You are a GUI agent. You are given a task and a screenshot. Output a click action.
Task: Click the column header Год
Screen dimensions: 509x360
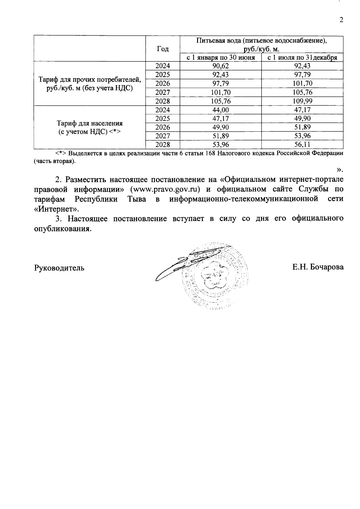[x=163, y=49]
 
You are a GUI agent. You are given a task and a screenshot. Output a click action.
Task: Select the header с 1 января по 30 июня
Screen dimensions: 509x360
[x=220, y=58]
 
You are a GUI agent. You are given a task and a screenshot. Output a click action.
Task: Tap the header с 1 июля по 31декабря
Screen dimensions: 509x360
[x=302, y=58]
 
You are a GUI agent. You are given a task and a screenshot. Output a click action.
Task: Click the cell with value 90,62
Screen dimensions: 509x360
[x=220, y=66]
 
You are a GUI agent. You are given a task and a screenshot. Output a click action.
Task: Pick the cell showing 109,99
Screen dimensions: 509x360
[x=302, y=101]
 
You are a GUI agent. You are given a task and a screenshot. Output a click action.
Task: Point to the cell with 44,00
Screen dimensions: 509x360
[x=220, y=110]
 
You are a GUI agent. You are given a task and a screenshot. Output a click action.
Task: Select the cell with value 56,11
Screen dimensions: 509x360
[x=302, y=145]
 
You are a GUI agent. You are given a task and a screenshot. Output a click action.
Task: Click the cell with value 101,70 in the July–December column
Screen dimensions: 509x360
[x=302, y=84]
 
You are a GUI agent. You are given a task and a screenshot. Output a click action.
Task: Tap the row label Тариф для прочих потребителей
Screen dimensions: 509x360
[x=90, y=80]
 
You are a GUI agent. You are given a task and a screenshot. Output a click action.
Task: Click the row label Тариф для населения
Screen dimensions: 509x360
[x=90, y=123]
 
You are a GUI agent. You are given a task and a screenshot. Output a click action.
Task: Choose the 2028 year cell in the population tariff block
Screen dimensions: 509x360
[x=163, y=145]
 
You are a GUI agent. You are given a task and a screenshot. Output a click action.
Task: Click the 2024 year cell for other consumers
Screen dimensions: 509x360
[x=163, y=66]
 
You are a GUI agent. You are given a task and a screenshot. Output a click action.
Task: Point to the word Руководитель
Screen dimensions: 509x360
[x=59, y=268]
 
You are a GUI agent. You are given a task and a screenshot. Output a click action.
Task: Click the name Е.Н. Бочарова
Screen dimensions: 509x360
[x=318, y=267]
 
